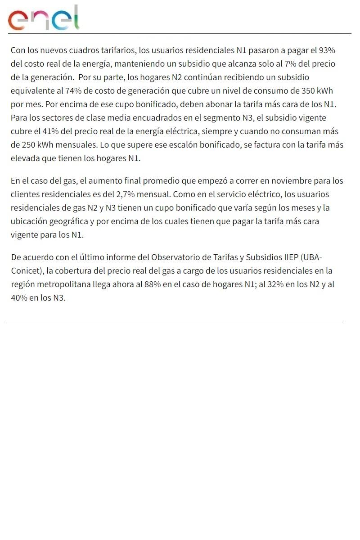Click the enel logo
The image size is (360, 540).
44,18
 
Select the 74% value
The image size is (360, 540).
73,90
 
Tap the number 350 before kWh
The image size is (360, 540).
308,90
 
